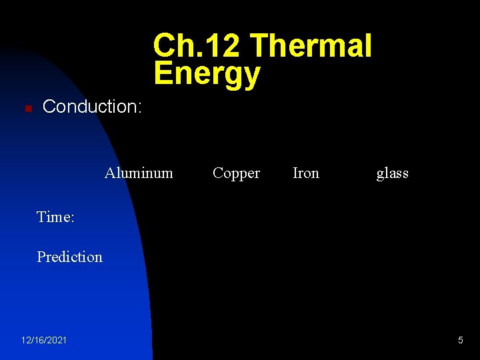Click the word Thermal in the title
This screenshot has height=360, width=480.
coord(311,46)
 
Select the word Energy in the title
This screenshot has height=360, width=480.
coord(207,73)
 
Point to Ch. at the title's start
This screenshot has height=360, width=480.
coord(175,46)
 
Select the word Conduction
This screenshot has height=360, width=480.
coord(89,106)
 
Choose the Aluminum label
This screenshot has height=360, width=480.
coord(139,173)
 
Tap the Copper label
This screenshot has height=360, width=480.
coord(236,173)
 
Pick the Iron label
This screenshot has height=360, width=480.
coord(306,173)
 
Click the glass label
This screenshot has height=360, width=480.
coord(392,173)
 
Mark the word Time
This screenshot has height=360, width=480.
coord(53,217)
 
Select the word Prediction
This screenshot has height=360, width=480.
coord(69,257)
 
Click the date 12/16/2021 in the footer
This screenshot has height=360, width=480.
coord(44,341)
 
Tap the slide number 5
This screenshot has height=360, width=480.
coord(460,341)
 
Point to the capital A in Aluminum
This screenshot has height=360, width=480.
coord(110,173)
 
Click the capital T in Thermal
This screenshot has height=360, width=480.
coord(260,46)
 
